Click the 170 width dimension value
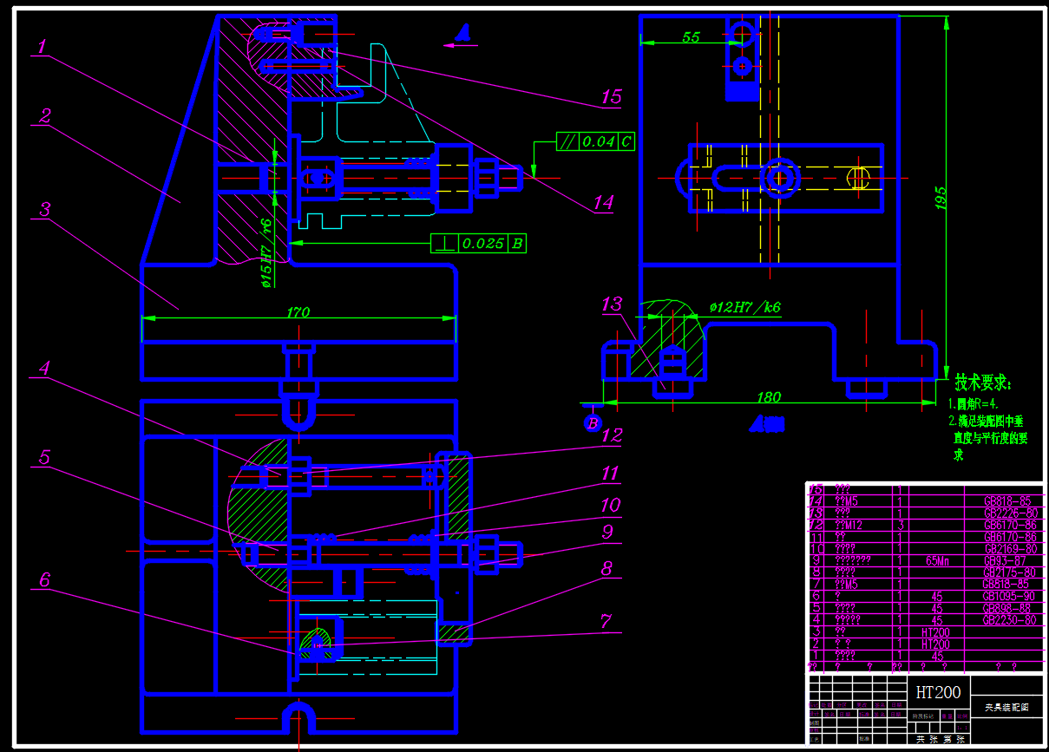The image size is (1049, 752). (298, 311)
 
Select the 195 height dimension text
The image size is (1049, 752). (941, 199)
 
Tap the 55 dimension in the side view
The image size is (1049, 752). (691, 36)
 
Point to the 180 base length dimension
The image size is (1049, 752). (769, 397)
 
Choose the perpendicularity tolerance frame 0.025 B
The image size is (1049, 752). (478, 244)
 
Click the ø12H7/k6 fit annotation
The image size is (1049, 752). (744, 307)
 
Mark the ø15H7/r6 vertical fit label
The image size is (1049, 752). (266, 252)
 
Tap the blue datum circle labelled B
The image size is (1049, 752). (593, 423)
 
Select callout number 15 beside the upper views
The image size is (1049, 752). (612, 96)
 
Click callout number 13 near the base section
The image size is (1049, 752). (612, 304)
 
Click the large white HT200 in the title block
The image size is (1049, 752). (938, 692)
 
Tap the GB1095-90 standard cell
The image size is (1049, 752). (1009, 597)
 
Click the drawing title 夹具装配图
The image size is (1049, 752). (1006, 708)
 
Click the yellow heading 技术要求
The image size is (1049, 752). (983, 383)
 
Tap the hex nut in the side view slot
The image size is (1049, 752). (779, 178)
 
